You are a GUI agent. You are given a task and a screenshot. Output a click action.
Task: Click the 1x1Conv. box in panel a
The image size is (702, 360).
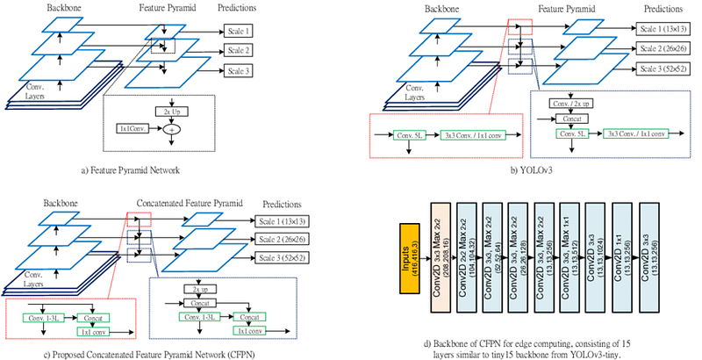pos(133,128)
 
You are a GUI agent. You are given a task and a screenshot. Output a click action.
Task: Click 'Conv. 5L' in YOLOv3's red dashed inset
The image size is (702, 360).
pos(408,134)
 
